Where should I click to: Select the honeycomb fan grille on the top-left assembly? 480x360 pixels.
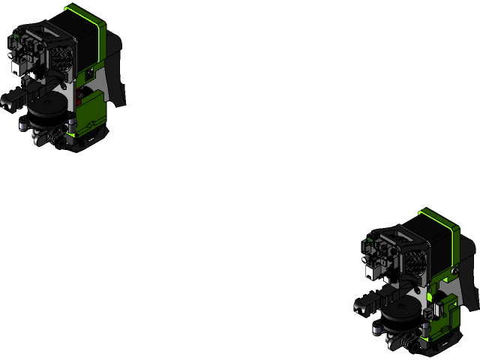point(61,55)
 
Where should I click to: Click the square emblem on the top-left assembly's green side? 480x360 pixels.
point(91,73)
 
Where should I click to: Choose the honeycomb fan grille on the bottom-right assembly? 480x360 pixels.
point(414,259)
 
